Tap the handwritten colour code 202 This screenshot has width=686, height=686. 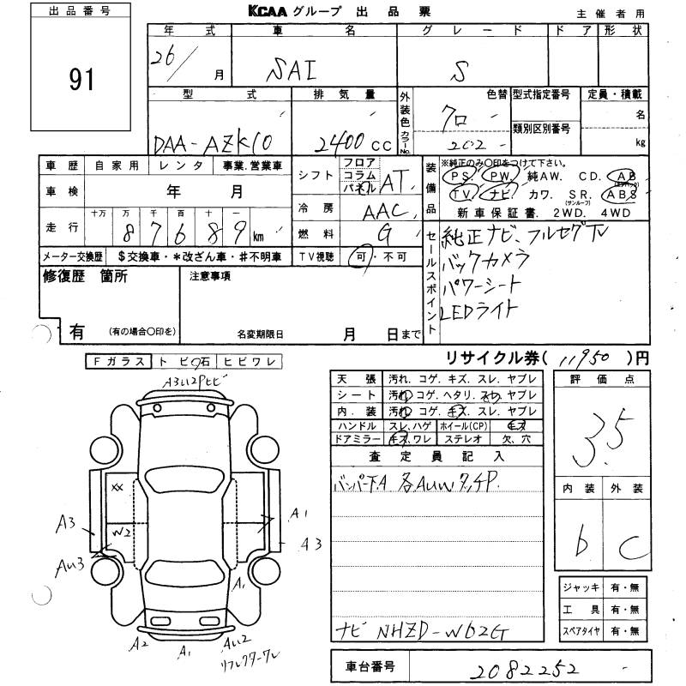[464, 138]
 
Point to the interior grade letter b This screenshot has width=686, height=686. [584, 542]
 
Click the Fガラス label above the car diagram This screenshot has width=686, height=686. [117, 362]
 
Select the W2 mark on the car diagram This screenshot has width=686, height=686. [121, 531]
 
